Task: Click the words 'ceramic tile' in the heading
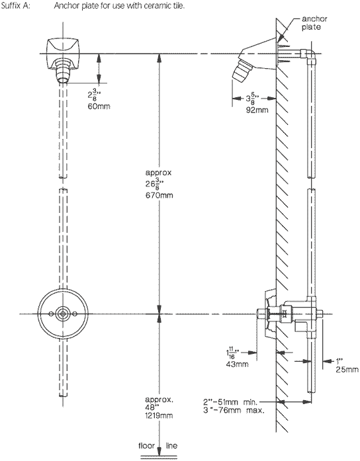click(x=148, y=7)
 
